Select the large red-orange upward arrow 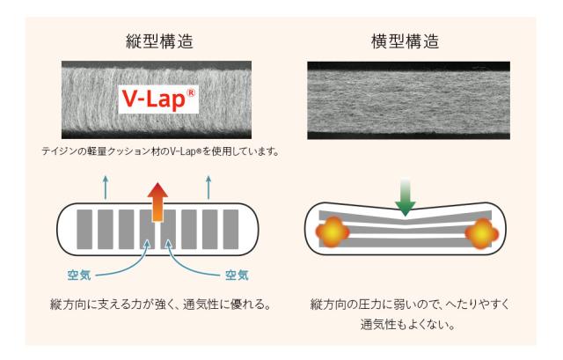tap(157, 201)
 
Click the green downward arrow tap(406, 196)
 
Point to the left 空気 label tap(80, 273)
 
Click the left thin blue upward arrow tap(106, 186)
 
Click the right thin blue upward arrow tap(208, 186)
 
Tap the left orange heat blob tap(333, 232)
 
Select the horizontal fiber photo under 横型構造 tap(406, 99)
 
